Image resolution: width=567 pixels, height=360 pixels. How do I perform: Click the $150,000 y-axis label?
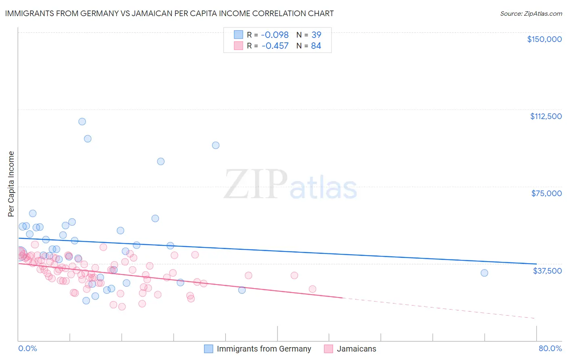[544, 39]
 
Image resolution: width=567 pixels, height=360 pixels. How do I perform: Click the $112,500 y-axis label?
[546, 116]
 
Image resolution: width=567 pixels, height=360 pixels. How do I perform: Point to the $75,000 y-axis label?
[546, 193]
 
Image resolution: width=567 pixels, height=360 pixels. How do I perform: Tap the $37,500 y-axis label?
[547, 271]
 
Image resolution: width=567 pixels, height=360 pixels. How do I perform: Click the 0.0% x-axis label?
[27, 348]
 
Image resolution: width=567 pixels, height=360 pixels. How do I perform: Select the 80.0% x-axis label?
[550, 348]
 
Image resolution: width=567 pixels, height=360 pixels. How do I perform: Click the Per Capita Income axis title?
[11, 184]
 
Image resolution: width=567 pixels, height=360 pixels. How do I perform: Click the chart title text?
[169, 13]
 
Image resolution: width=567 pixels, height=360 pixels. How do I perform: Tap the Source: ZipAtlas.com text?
[531, 14]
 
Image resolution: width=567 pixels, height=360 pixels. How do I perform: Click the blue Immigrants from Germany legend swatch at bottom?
[208, 349]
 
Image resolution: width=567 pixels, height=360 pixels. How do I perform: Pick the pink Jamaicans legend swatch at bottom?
[329, 349]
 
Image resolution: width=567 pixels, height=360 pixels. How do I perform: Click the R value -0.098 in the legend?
[275, 35]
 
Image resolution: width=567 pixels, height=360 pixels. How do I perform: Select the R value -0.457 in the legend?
[275, 46]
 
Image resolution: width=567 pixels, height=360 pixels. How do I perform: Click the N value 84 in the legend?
[316, 46]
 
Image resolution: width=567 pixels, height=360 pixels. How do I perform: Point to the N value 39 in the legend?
[316, 35]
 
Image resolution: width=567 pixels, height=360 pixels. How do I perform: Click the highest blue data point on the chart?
[82, 121]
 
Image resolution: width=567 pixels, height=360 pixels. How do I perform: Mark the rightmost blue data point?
[484, 273]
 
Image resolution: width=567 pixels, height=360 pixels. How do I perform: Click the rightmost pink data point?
[312, 289]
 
